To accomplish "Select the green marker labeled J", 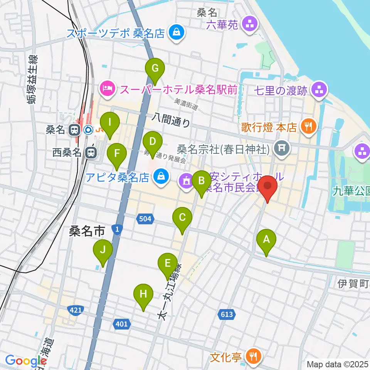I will (x=103, y=250).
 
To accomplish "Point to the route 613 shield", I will (x=227, y=314).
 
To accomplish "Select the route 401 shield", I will (x=121, y=324).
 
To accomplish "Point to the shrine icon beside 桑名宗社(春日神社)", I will (x=282, y=148).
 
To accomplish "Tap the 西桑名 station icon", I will (x=91, y=153).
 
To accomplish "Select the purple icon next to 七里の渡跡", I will (x=319, y=91).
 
